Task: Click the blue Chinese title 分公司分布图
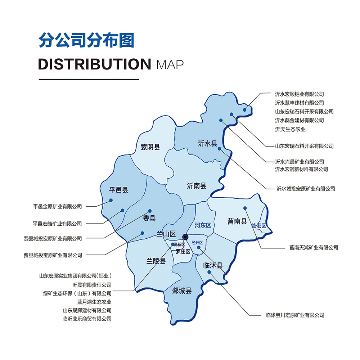86,40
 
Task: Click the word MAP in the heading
170,65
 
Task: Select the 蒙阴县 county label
150,147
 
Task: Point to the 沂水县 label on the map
208,144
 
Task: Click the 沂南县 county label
197,186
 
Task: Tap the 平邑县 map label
119,190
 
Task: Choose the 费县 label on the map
149,218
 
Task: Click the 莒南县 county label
237,222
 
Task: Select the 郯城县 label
182,291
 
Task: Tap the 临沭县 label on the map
213,266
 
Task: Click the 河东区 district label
203,225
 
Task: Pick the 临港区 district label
259,226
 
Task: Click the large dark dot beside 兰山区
185,237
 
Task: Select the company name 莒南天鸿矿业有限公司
314,247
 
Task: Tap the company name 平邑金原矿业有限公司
58,207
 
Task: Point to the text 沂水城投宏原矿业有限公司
305,188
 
